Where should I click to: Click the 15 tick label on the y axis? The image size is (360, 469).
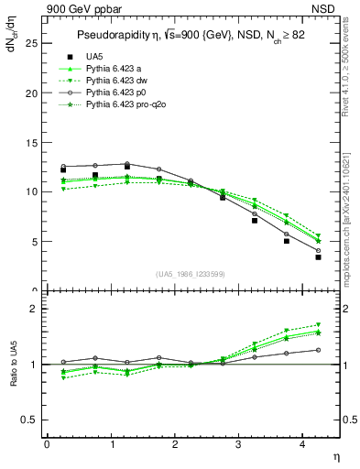tap(31, 142)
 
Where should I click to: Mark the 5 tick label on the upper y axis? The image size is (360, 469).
tap(34, 242)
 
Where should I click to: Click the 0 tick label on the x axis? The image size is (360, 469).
tap(46, 445)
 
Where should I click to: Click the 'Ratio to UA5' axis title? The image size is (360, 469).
tap(12, 365)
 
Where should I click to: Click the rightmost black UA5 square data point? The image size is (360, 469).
tap(318, 257)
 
